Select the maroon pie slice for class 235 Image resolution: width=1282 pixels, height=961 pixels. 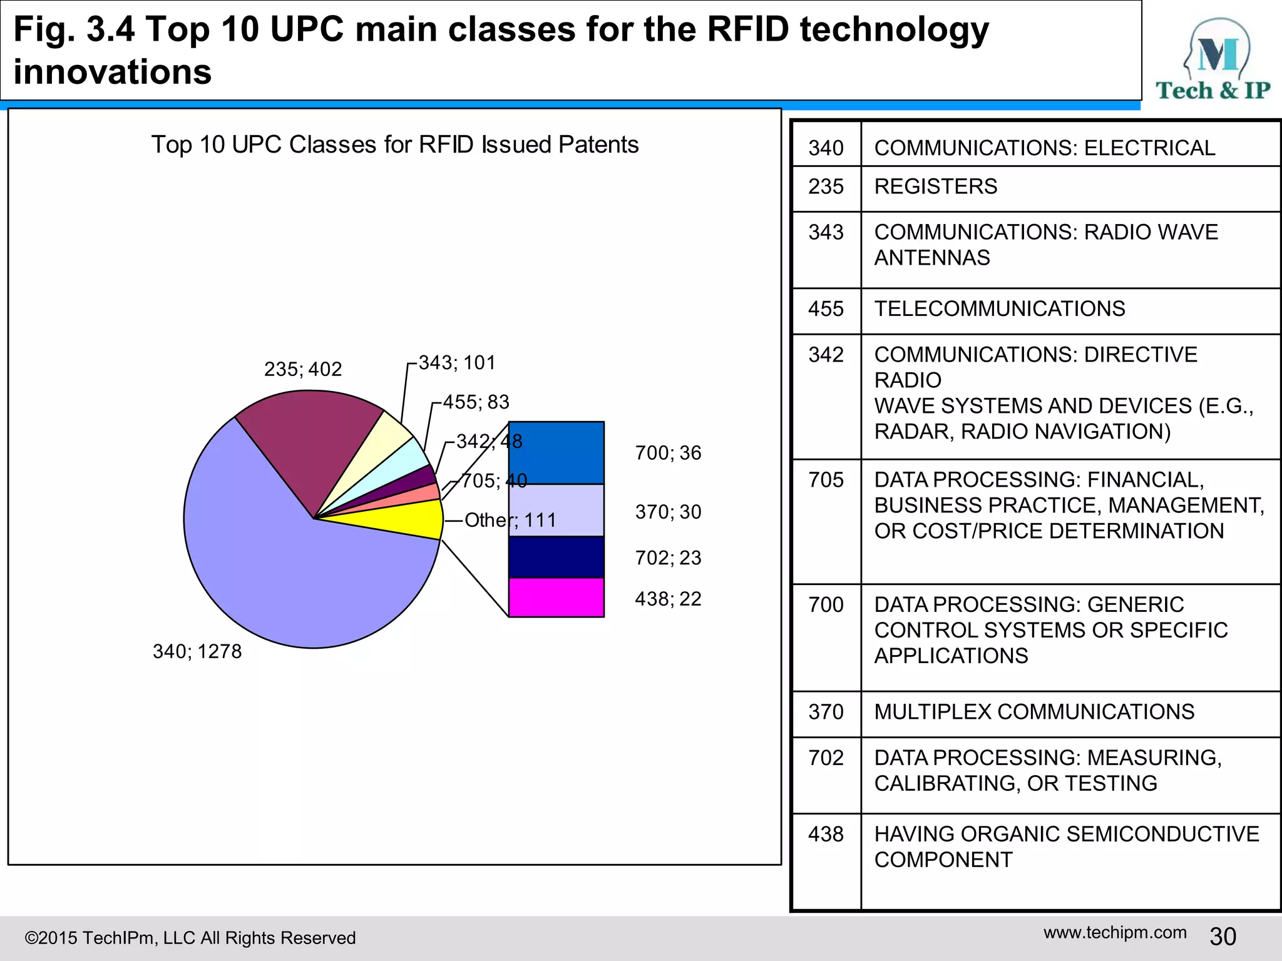pyautogui.click(x=307, y=438)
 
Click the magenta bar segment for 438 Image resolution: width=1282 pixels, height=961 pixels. pyautogui.click(x=556, y=597)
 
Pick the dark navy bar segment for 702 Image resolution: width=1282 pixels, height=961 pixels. pyautogui.click(x=556, y=557)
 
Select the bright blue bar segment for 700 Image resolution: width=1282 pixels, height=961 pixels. pyautogui.click(x=556, y=452)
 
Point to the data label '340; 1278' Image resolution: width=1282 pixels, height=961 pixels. pyautogui.click(x=197, y=651)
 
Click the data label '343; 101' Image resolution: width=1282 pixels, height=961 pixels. pyautogui.click(x=457, y=363)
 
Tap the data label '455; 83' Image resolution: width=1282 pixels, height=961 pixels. pyautogui.click(x=476, y=402)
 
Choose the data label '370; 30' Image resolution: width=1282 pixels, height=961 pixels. pyautogui.click(x=668, y=512)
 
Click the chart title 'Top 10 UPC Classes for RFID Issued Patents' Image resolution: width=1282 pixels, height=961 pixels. pyautogui.click(x=394, y=145)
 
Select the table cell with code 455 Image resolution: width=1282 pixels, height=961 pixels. pyautogui.click(x=826, y=309)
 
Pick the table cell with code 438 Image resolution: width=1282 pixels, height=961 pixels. pyautogui.click(x=826, y=835)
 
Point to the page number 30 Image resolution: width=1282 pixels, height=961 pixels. pyautogui.click(x=1223, y=937)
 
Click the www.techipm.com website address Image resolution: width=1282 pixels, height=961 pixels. pyautogui.click(x=1115, y=932)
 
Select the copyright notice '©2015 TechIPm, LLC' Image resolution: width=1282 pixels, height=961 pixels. pyautogui.click(x=190, y=938)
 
